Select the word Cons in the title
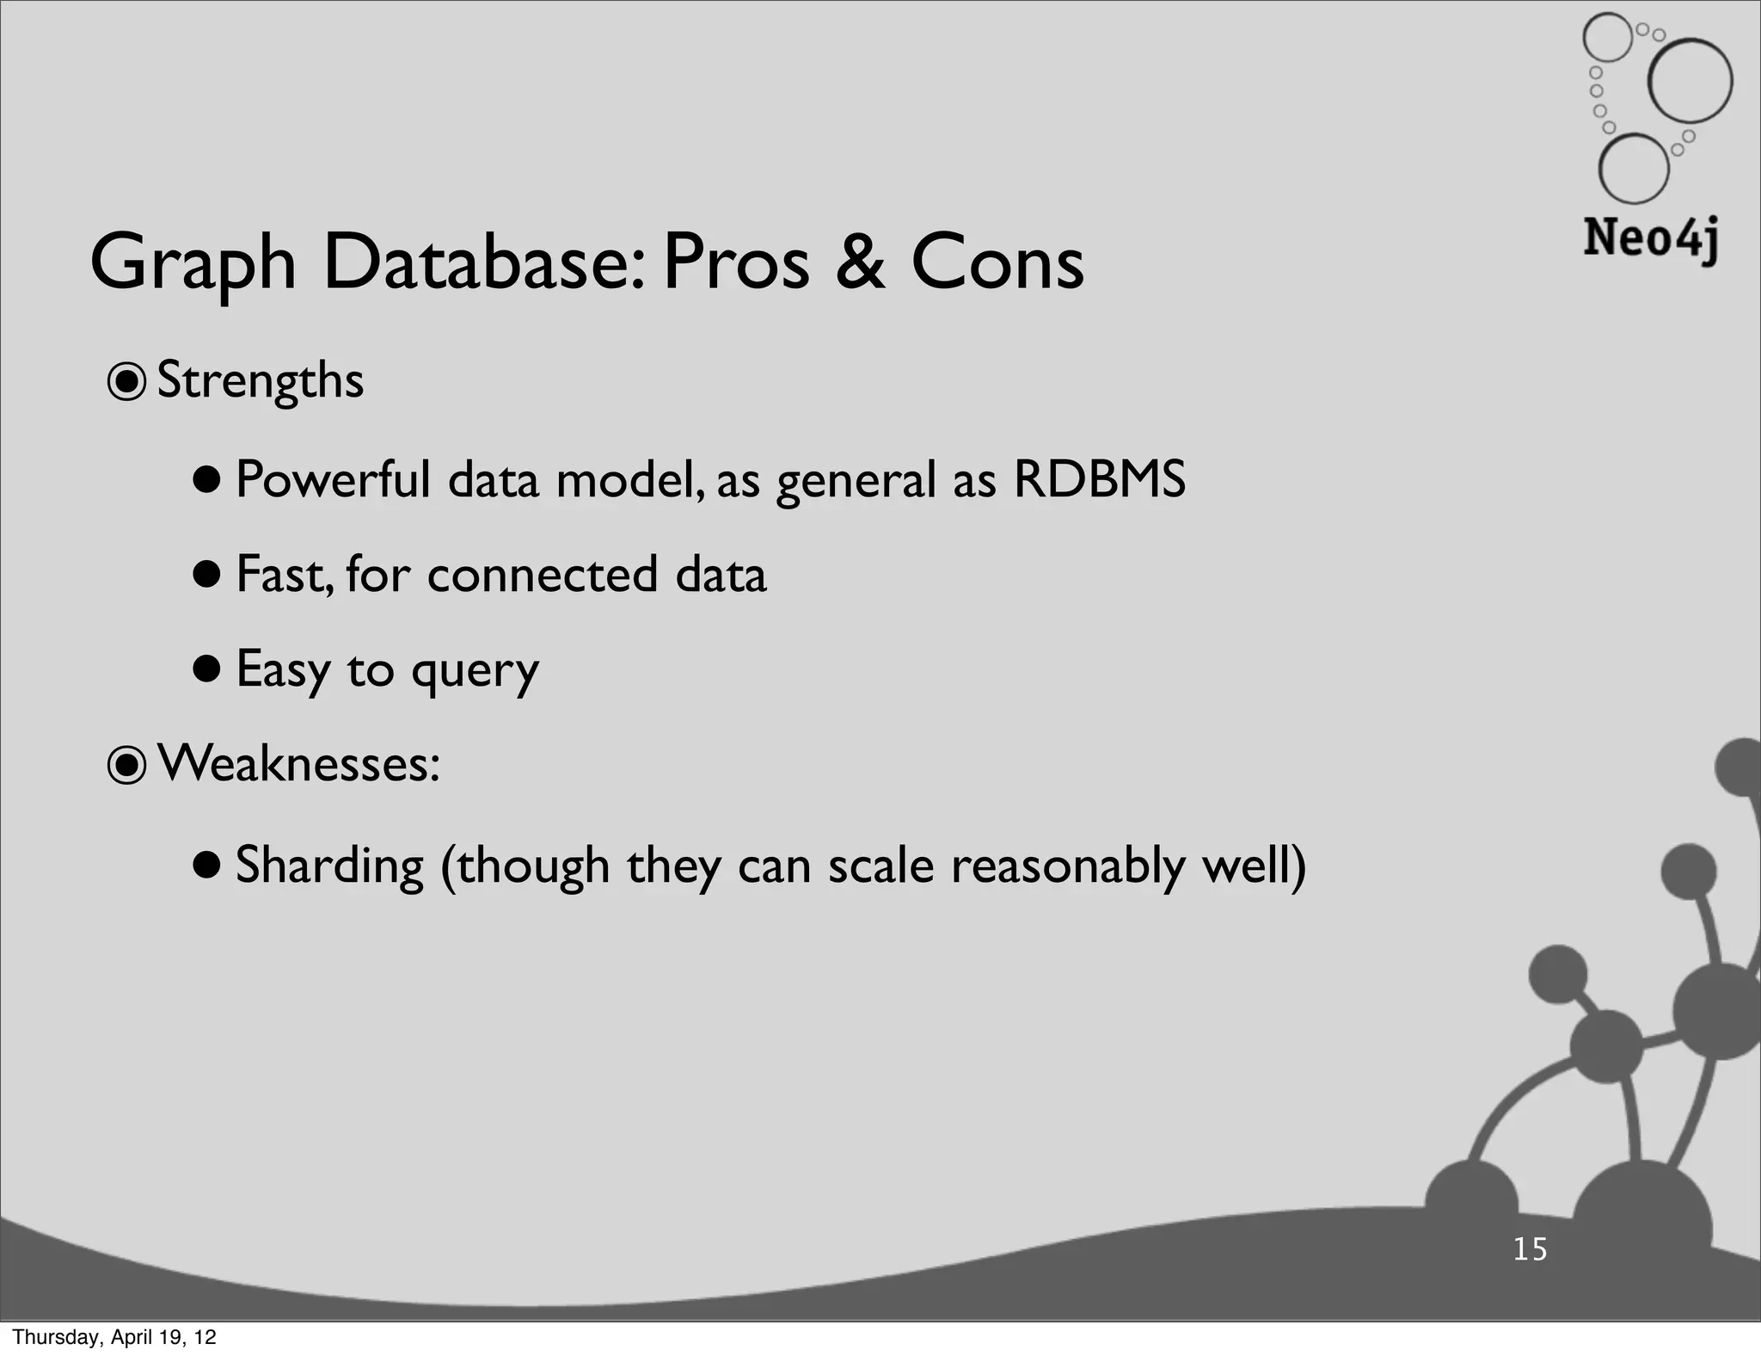click(997, 262)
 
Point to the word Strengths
click(261, 381)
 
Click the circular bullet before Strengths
click(127, 383)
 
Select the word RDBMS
click(1099, 479)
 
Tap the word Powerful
click(332, 479)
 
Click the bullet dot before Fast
click(207, 575)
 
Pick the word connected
click(542, 575)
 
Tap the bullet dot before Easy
click(207, 670)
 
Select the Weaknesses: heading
click(298, 763)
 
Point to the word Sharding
click(329, 866)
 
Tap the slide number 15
click(1530, 1249)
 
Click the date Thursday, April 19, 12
click(114, 1337)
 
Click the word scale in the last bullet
click(880, 866)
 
